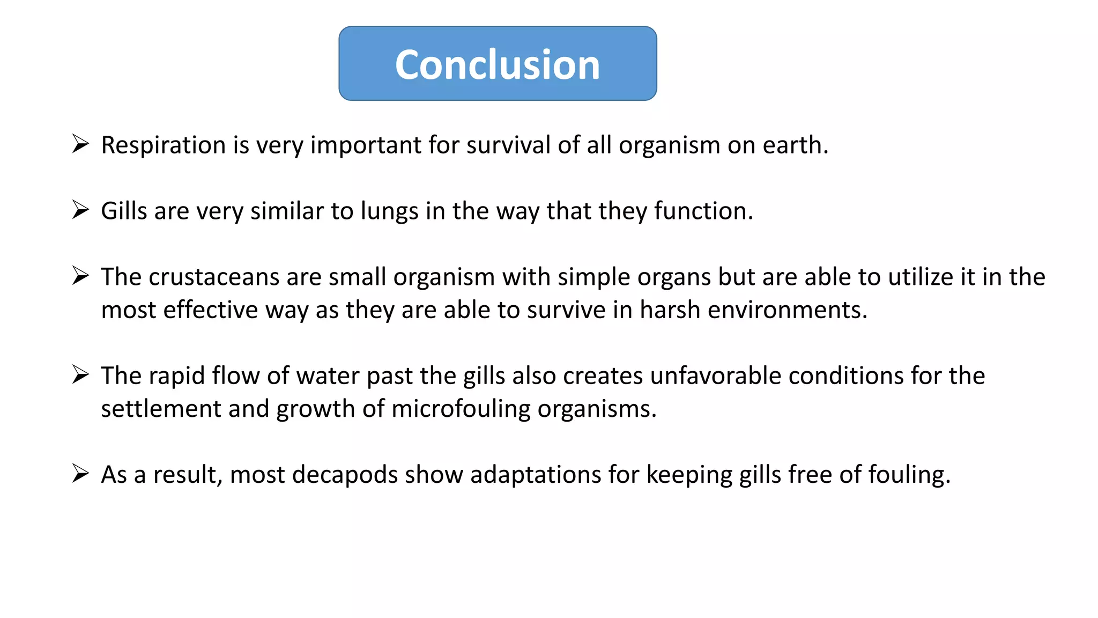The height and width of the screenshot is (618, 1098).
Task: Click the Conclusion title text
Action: pyautogui.click(x=498, y=65)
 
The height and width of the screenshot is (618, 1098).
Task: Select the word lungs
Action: pyautogui.click(x=389, y=211)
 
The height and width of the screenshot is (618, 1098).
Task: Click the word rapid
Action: pyautogui.click(x=176, y=376)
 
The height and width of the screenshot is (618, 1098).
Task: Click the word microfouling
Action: pyautogui.click(x=461, y=409)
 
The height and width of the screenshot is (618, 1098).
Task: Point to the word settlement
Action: pyautogui.click(x=161, y=409)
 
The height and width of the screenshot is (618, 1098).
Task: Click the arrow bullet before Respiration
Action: pyautogui.click(x=80, y=144)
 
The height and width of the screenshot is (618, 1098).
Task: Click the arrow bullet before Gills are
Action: pyautogui.click(x=80, y=210)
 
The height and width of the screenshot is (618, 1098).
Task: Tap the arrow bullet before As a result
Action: pyautogui.click(x=80, y=474)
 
